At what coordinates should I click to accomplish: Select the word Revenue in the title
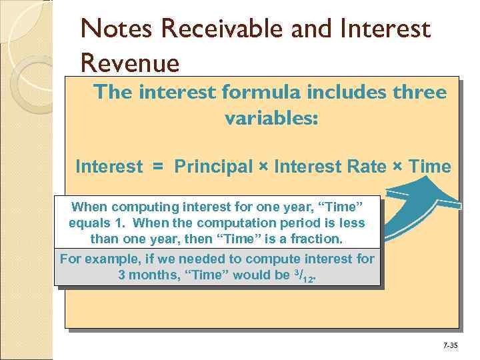(x=130, y=63)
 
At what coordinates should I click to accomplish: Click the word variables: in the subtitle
(x=272, y=119)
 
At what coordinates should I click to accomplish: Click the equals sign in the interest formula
(x=158, y=167)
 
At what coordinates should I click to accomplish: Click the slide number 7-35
(x=450, y=345)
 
